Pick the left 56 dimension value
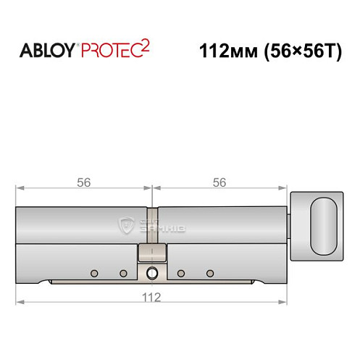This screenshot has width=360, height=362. point(84,183)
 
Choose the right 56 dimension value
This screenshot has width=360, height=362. point(219,183)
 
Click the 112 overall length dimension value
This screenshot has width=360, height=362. point(151,296)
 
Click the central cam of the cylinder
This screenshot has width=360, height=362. point(151,254)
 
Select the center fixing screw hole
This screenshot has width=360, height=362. point(151,273)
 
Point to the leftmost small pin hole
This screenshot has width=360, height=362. point(93,273)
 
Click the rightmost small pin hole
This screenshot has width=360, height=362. point(210,273)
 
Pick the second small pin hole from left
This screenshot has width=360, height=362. point(123,273)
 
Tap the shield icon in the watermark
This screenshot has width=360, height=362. point(128,226)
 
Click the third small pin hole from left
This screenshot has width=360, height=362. point(180,273)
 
